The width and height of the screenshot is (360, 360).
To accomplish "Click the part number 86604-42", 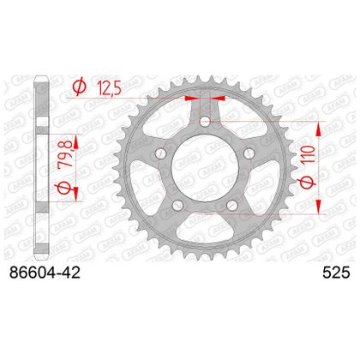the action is (x=45, y=273).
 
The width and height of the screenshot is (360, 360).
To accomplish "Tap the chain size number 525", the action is (x=336, y=273).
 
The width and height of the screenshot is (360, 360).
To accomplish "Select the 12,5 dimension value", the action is (x=109, y=87).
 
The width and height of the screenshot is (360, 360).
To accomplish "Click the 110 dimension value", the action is (x=307, y=153).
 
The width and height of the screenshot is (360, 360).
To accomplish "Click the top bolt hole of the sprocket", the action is (x=205, y=122).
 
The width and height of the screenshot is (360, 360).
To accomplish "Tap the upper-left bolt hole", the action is (x=160, y=153).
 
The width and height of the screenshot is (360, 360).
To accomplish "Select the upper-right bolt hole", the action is (x=249, y=153).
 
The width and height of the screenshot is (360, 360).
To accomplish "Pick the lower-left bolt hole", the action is (x=177, y=205).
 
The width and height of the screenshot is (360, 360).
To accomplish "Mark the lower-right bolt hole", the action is (x=232, y=205).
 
